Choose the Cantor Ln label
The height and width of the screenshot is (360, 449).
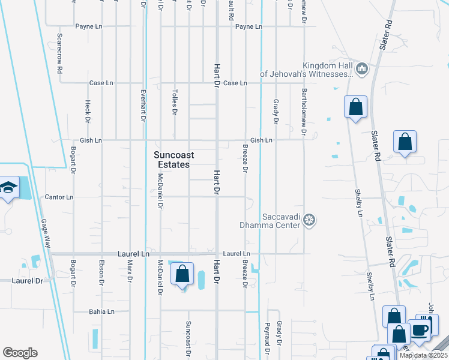[x=59, y=197]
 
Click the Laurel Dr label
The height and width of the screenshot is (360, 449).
[x=28, y=280]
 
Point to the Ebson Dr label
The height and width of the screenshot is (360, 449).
[x=101, y=273]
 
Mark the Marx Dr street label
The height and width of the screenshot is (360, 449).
[x=130, y=272]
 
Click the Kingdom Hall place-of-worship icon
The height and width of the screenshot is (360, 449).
[x=361, y=70]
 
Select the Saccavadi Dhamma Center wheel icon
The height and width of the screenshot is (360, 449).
[x=309, y=220]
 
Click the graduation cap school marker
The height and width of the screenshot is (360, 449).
[x=10, y=187]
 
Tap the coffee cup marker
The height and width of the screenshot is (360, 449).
[x=420, y=329]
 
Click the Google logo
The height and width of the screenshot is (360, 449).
[x=20, y=353]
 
